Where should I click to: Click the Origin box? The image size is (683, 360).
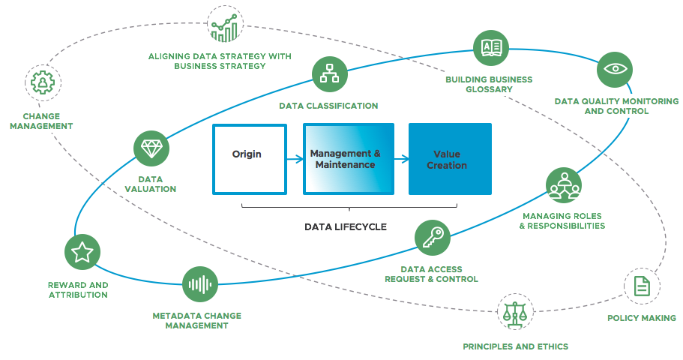click(249, 158)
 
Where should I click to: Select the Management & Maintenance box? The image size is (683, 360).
click(348, 159)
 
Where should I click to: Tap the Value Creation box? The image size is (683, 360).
click(449, 159)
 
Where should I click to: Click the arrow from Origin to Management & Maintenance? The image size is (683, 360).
click(293, 159)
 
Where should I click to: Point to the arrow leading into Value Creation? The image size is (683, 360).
click(400, 159)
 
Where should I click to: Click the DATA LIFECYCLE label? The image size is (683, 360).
click(346, 226)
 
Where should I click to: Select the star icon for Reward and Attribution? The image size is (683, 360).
click(82, 252)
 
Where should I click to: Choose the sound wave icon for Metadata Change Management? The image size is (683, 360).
click(200, 284)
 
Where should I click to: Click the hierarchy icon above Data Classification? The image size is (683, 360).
click(329, 74)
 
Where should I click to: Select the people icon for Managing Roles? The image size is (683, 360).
click(563, 185)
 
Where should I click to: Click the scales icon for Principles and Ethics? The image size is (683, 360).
click(514, 311)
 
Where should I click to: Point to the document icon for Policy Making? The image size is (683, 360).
click(642, 286)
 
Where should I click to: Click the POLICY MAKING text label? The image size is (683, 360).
click(641, 318)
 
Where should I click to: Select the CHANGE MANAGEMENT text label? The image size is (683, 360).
click(41, 121)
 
